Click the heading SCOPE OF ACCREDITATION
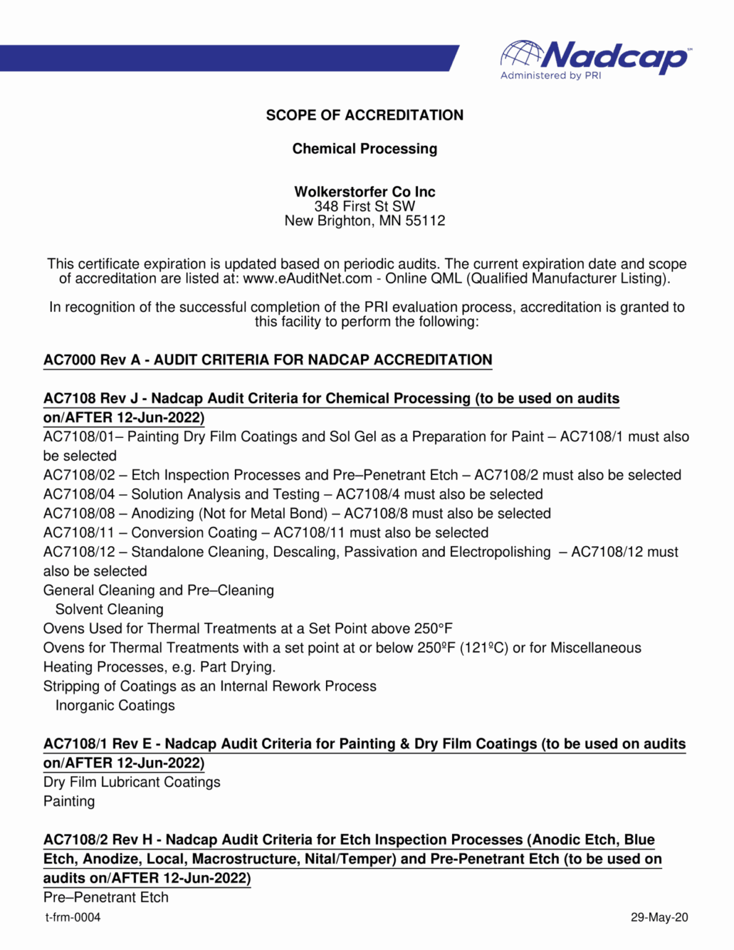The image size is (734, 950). coord(364,115)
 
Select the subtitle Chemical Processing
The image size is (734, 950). coord(364,149)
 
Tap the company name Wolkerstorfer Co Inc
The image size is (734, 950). coord(364,192)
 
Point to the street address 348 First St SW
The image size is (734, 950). coord(364,207)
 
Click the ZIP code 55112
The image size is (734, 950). coord(425,221)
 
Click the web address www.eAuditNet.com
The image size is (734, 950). coord(307,278)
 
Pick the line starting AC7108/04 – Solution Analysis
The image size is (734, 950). coord(292,494)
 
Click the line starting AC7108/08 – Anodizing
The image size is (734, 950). coord(297,513)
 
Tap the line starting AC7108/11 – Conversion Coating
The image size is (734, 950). coord(265,533)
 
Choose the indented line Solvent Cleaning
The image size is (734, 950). coord(109,609)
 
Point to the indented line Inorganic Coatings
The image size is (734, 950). coord(115,705)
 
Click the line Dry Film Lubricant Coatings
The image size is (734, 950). coord(132,782)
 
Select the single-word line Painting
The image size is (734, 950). coord(69,801)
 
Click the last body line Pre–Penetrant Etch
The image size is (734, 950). coord(106,897)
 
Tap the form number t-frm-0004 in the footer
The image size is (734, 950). coord(72,917)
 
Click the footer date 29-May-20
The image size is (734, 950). coord(659,917)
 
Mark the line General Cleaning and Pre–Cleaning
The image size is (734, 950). coord(158,590)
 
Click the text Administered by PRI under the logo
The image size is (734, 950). coord(550,75)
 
